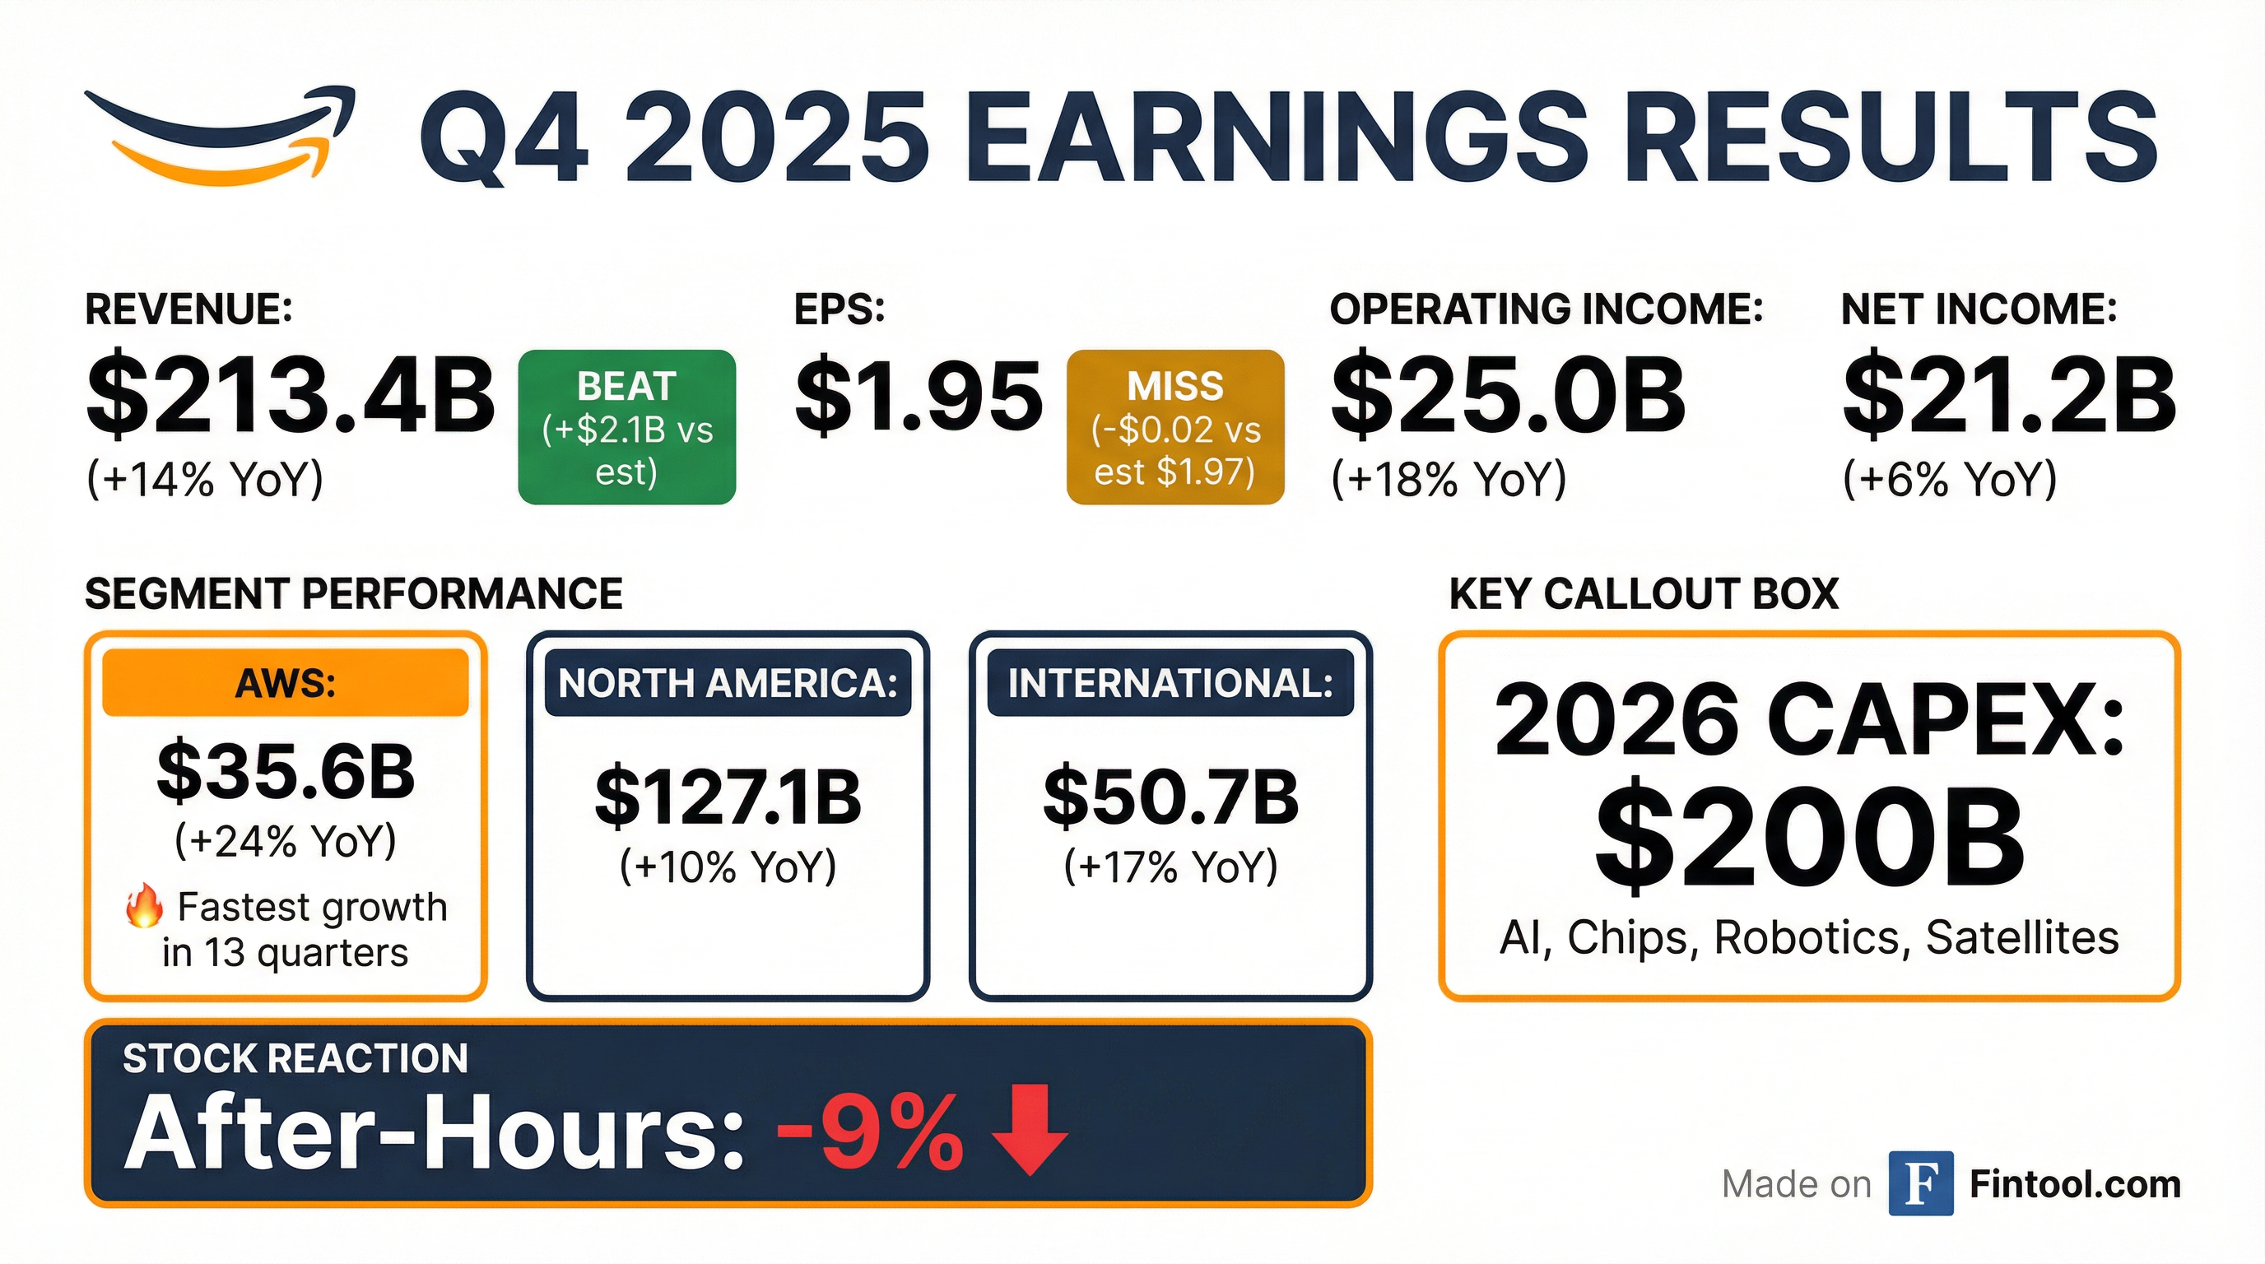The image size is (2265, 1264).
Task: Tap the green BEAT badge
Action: point(627,427)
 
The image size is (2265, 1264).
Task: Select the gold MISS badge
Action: point(1175,427)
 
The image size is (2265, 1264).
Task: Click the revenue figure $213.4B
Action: point(291,396)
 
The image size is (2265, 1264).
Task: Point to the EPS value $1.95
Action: point(919,396)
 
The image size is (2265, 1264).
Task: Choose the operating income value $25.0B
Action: point(1509,394)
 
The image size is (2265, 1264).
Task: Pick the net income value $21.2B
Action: point(2009,394)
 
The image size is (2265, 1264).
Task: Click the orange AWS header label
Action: point(286,683)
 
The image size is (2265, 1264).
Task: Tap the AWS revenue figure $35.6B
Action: point(286,772)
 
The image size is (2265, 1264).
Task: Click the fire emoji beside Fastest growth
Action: point(144,907)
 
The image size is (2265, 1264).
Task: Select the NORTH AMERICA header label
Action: point(728,683)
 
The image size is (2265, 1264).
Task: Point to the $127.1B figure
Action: point(728,797)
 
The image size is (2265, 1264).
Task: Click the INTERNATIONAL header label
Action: point(1170,683)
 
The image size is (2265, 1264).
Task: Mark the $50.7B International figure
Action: point(1170,797)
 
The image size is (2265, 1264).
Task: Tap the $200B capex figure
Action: point(1810,839)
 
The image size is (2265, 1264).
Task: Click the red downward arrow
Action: point(1030,1130)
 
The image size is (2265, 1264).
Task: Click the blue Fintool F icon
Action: point(1921,1183)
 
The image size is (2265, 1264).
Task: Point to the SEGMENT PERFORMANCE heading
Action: point(353,594)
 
